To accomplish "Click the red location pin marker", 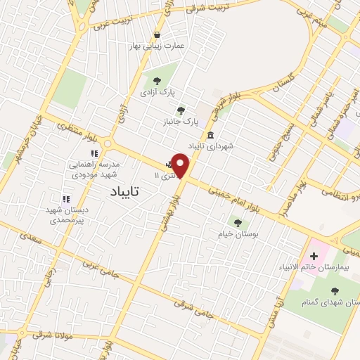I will (x=181, y=165).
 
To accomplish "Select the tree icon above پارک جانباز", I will (x=181, y=110).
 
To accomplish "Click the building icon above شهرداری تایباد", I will (x=210, y=135).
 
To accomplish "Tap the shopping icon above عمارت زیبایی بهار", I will (x=157, y=34).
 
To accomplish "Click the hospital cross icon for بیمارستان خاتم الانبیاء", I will (x=314, y=256).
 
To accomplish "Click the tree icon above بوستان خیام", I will (x=238, y=223).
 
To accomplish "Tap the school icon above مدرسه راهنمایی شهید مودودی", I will (x=94, y=153).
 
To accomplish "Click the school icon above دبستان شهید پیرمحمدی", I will (x=66, y=199).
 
